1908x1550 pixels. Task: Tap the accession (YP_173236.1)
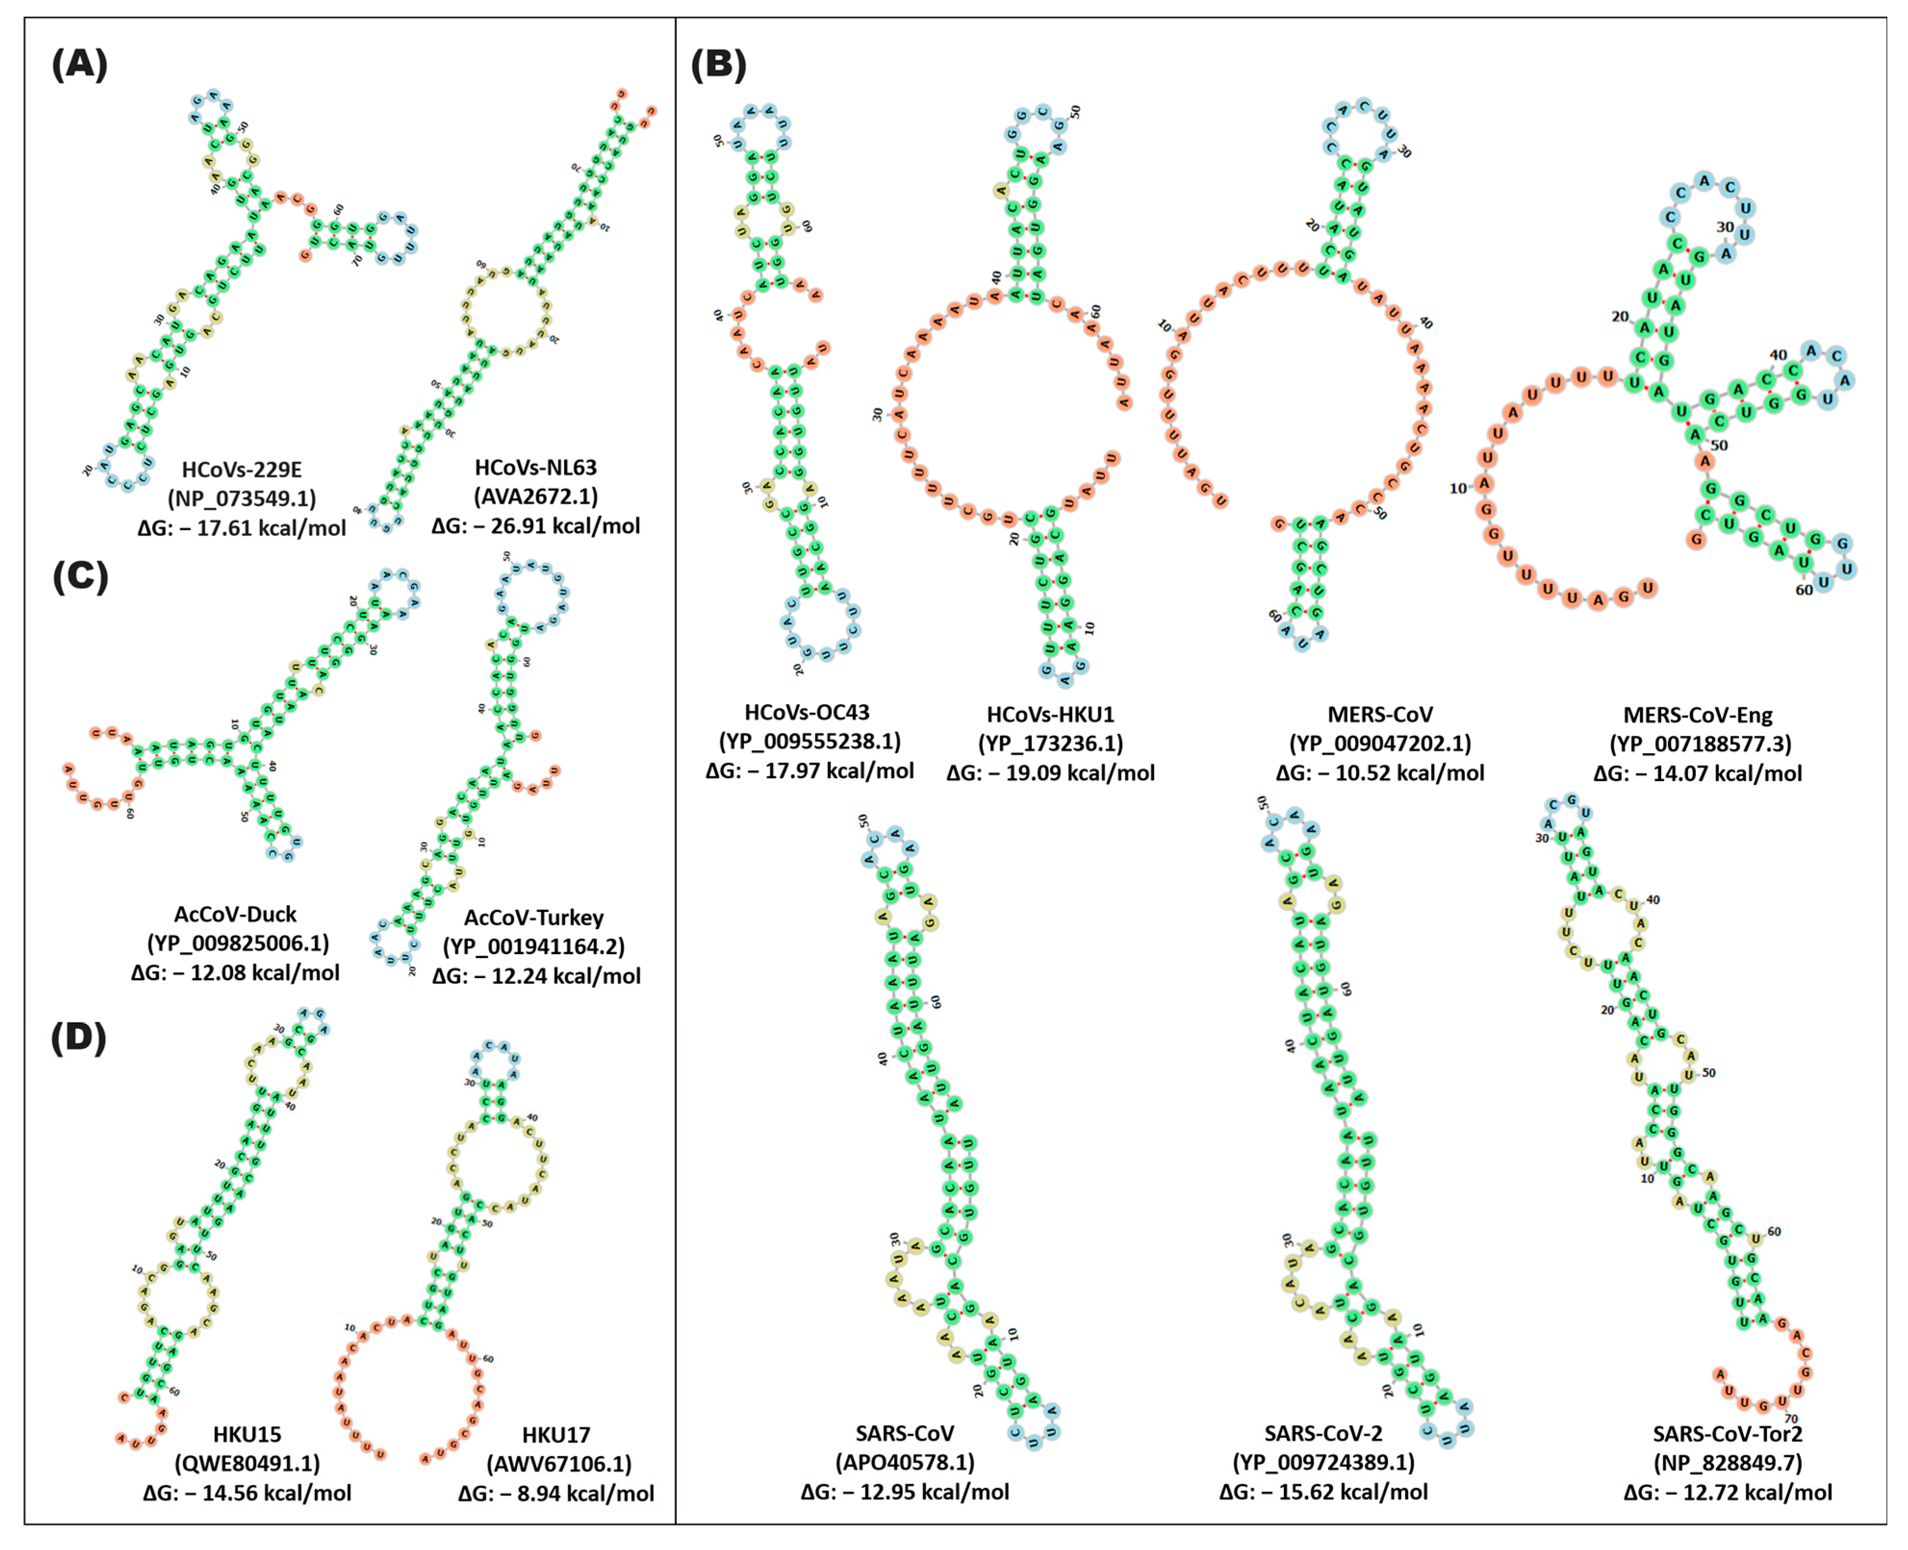(x=1051, y=743)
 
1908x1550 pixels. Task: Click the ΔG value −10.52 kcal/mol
(x=1380, y=772)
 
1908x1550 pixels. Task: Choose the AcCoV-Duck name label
(x=235, y=914)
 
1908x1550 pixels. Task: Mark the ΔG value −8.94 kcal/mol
(x=556, y=1493)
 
